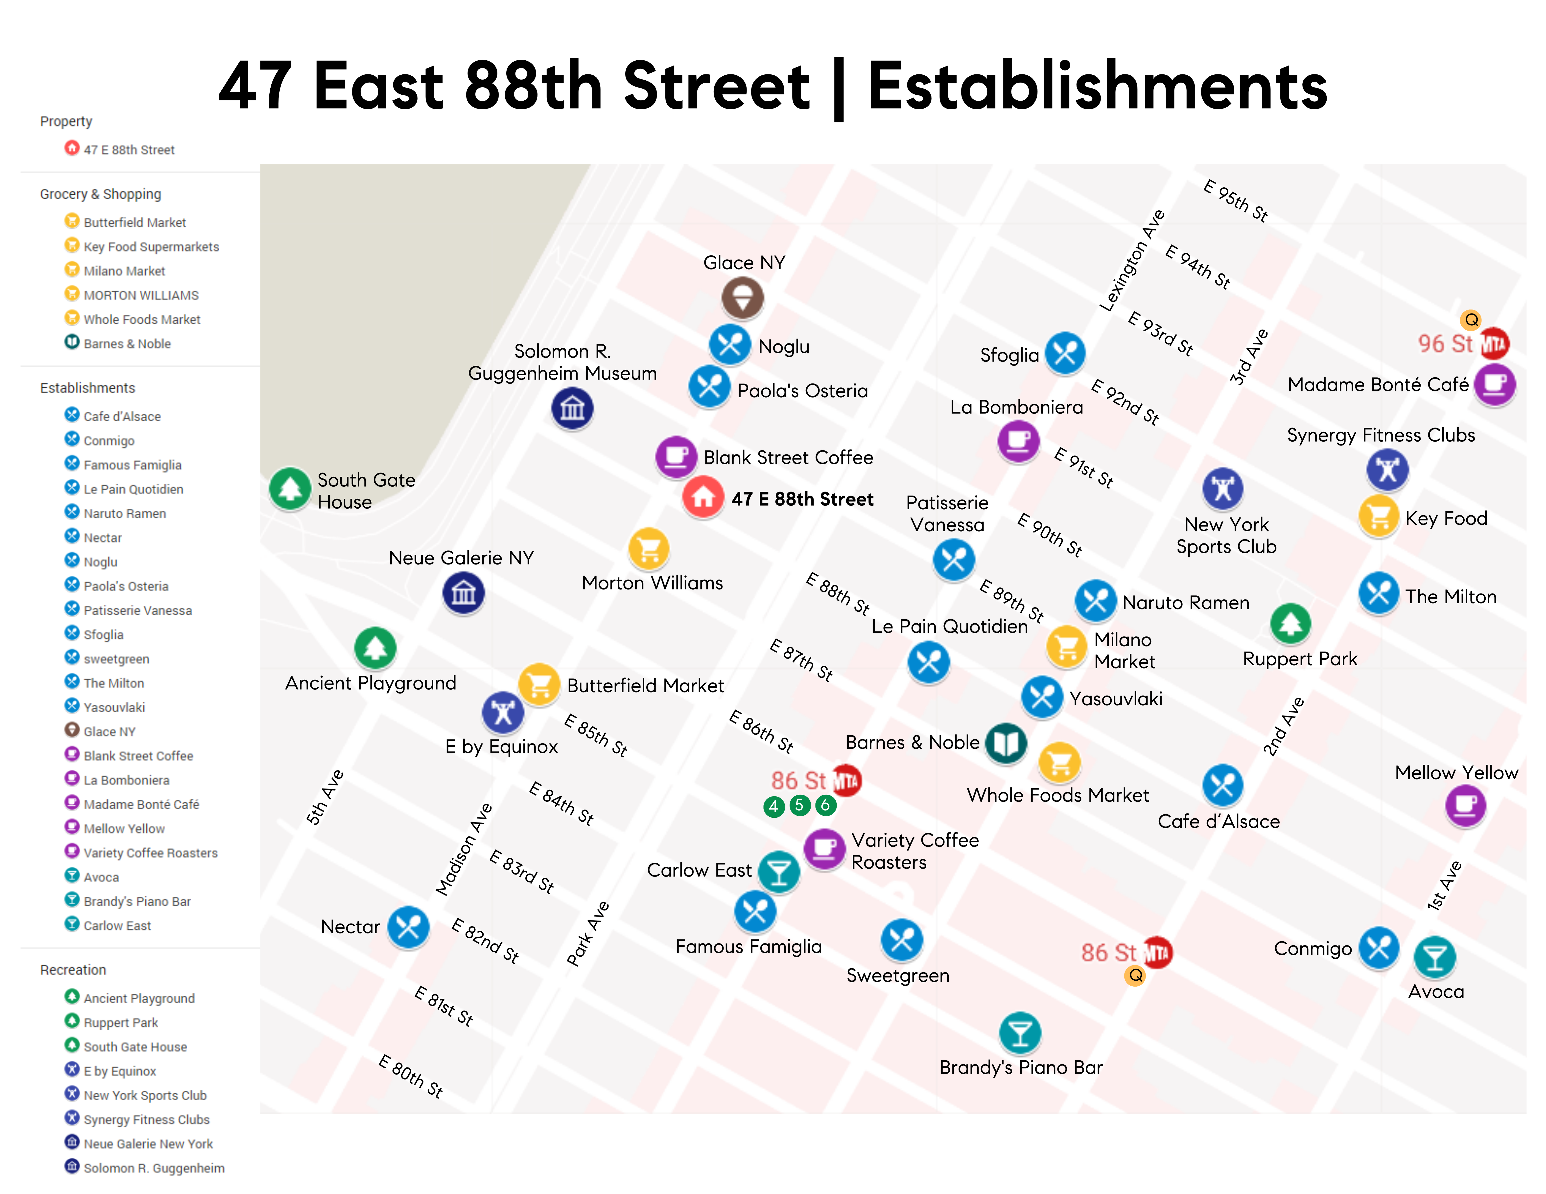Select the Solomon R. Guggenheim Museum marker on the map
click(572, 408)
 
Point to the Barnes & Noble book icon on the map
click(1006, 743)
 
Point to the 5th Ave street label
click(325, 797)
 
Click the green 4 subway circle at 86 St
click(774, 806)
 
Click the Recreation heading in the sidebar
click(73, 970)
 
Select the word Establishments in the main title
click(1097, 86)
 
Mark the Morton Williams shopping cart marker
click(648, 548)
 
